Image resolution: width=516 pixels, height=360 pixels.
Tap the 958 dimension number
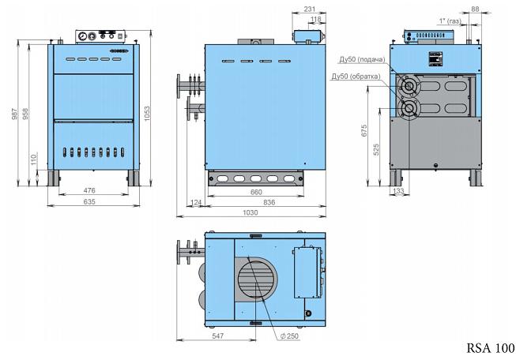click(x=27, y=114)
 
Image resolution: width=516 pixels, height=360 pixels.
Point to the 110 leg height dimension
click(x=34, y=159)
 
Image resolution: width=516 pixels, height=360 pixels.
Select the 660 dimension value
click(x=256, y=191)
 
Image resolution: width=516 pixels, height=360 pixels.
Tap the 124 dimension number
click(x=196, y=202)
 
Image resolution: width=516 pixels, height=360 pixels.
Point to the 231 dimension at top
click(x=310, y=9)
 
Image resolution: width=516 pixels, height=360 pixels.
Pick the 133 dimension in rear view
click(x=398, y=191)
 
